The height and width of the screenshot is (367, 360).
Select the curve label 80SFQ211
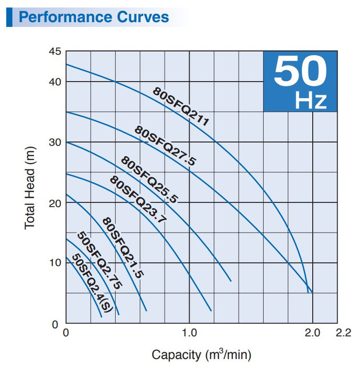click(x=181, y=107)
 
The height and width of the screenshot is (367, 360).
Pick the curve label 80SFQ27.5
click(x=165, y=146)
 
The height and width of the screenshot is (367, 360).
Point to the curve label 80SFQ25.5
click(x=150, y=179)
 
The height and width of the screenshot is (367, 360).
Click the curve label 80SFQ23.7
click(x=137, y=200)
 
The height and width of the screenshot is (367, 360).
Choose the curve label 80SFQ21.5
click(x=123, y=247)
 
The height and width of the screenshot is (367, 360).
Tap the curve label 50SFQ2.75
click(x=100, y=261)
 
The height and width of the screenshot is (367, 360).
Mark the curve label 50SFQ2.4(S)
click(x=92, y=284)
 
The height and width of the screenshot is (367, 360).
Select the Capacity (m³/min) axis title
click(x=202, y=354)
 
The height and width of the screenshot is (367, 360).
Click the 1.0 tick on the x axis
click(x=189, y=333)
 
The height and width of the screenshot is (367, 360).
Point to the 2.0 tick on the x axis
click(x=313, y=333)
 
